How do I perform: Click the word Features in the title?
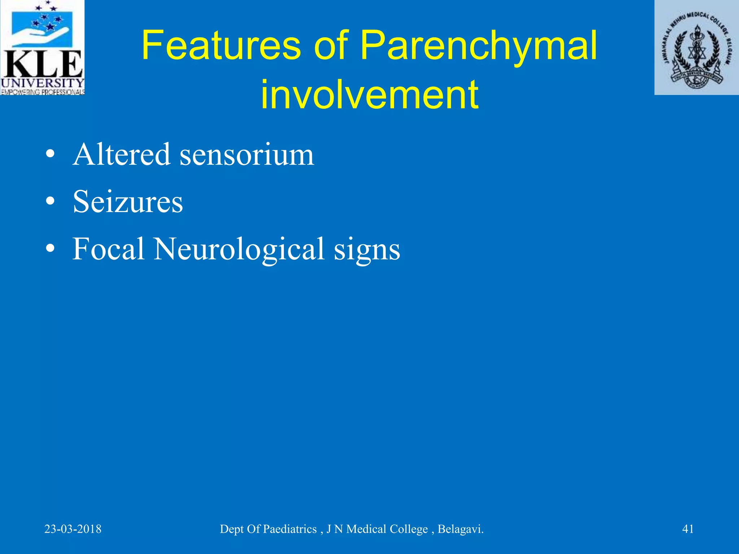point(221,46)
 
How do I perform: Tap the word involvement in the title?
point(369,94)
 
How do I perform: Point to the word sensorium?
point(247,155)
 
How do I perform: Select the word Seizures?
point(128,202)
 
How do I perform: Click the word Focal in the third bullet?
point(108,249)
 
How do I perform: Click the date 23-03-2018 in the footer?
point(73,529)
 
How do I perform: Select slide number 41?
point(688,529)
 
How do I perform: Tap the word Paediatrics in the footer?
point(290,529)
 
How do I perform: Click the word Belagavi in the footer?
point(460,529)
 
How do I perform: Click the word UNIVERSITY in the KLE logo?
point(42,83)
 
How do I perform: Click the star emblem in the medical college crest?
point(697,54)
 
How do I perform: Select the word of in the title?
point(331,46)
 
